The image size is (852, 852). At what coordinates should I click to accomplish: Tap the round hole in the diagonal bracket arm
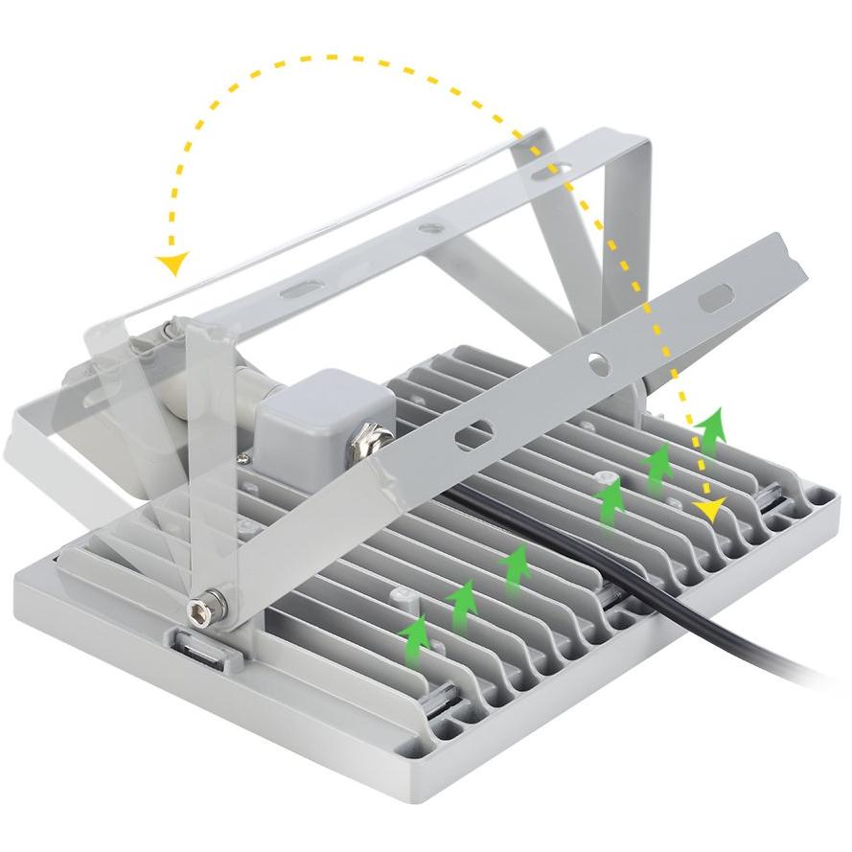click(x=596, y=364)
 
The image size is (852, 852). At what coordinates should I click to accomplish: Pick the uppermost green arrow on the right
click(x=709, y=429)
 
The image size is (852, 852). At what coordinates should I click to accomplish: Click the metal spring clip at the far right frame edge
click(x=772, y=499)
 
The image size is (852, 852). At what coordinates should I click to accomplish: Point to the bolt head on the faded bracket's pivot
click(x=170, y=329)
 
